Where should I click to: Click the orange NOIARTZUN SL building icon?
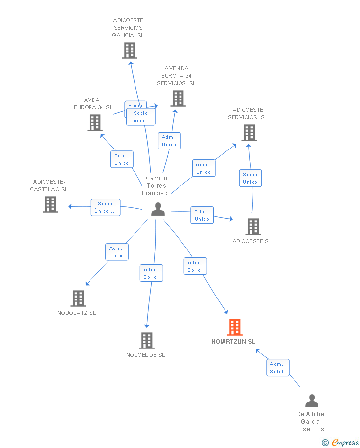point(235,327)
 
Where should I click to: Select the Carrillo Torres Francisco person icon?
point(158,209)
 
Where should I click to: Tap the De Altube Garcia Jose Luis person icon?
point(312,400)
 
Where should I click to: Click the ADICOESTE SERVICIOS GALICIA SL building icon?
point(129,50)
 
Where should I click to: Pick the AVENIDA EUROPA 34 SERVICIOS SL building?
point(178,99)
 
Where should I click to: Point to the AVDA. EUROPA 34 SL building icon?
point(95,123)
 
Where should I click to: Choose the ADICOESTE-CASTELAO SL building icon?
point(50,204)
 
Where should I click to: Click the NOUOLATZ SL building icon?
point(78,299)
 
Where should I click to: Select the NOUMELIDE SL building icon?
point(146,341)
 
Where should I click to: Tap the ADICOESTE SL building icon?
point(253,226)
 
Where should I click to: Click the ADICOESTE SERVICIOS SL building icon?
point(249,133)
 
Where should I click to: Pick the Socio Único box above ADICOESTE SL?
point(250,178)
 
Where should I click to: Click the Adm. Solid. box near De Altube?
point(277,368)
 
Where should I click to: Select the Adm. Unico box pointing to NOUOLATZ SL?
point(117,252)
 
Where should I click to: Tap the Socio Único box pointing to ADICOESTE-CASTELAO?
point(105,207)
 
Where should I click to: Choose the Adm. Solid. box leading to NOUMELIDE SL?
point(151,273)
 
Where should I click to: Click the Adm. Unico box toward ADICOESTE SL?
point(202,215)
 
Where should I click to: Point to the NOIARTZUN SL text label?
point(233,342)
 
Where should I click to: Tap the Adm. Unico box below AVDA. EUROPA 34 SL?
point(121,159)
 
